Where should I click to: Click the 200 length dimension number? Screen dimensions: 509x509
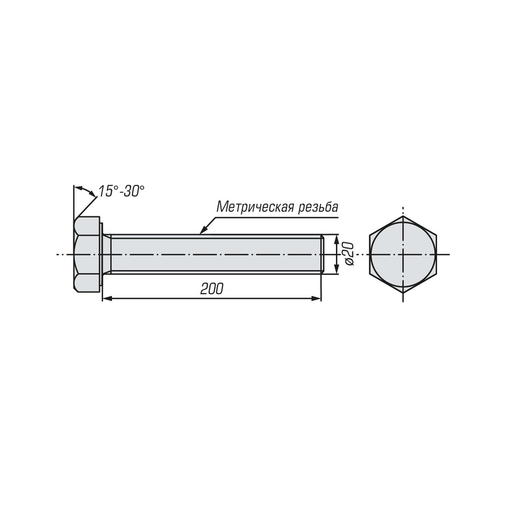coord(212,289)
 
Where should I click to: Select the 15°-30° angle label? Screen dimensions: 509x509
coord(122,192)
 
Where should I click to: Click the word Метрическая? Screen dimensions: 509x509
coord(254,207)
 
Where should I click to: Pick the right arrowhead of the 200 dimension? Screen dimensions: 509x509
coord(316,298)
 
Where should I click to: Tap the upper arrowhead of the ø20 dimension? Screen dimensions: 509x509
coord(337,240)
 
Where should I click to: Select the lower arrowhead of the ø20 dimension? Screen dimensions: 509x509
coord(337,268)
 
